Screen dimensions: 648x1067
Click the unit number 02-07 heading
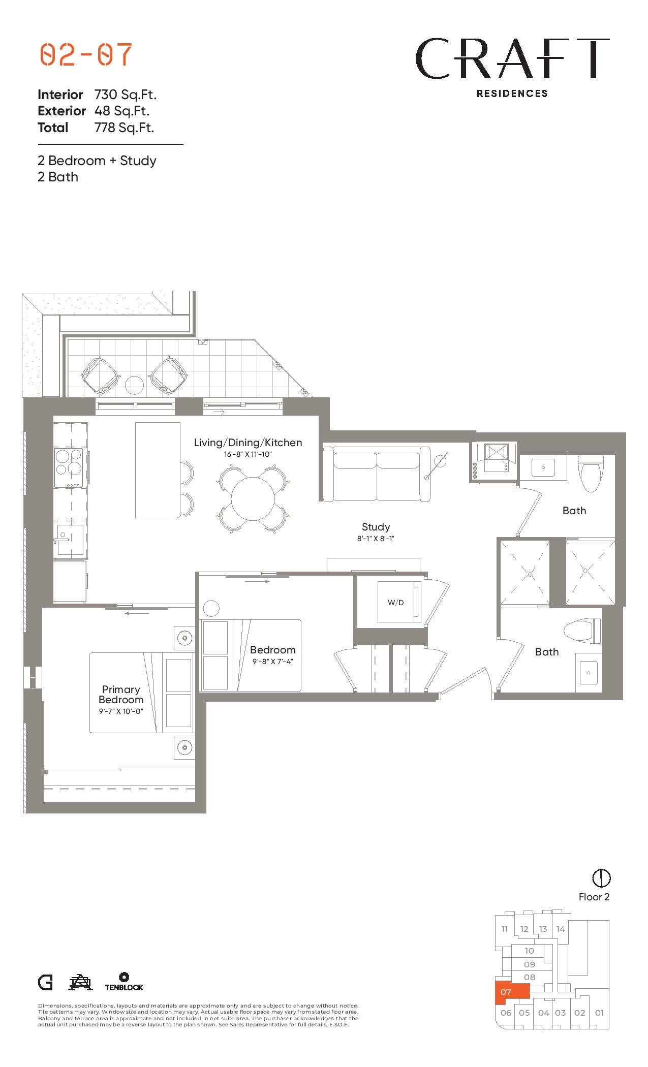[x=86, y=55]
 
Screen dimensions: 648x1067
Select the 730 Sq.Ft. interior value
[x=126, y=95]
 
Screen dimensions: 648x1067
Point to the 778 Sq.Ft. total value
[x=125, y=128]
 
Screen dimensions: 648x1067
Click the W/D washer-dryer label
[x=395, y=603]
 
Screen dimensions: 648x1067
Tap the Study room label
[x=376, y=527]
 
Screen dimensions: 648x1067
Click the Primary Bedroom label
[x=121, y=694]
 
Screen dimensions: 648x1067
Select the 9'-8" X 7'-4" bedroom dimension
[x=273, y=662]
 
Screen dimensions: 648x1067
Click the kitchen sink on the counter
[x=69, y=540]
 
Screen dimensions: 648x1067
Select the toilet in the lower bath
[x=582, y=631]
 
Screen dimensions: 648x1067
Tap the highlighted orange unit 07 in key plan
[x=512, y=993]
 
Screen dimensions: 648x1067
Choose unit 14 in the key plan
[x=561, y=929]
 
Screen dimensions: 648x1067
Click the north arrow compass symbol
[x=602, y=877]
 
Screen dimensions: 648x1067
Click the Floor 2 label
[x=594, y=897]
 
